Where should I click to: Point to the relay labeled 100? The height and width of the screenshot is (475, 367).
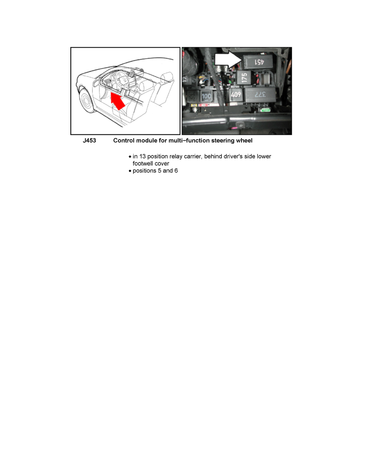(207, 96)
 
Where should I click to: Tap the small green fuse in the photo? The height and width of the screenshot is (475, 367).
(265, 109)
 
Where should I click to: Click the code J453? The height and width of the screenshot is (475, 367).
(89, 141)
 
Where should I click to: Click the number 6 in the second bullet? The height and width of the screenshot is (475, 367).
(176, 171)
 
